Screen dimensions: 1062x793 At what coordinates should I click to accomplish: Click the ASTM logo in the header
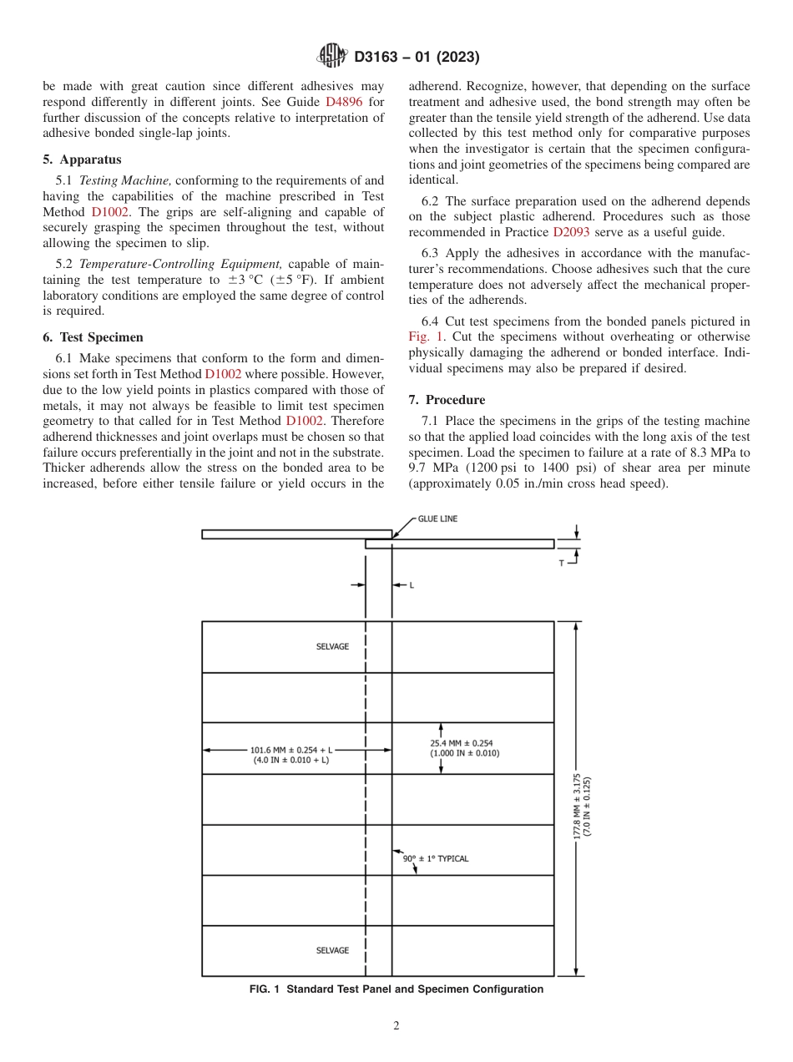click(x=333, y=56)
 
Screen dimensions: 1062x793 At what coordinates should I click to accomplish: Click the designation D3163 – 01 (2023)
click(x=417, y=57)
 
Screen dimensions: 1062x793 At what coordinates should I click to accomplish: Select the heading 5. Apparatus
click(x=82, y=159)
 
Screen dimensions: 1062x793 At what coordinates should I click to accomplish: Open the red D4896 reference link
click(x=343, y=101)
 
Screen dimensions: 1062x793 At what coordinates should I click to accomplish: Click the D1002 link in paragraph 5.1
click(x=109, y=212)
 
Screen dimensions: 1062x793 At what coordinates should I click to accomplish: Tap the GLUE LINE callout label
click(x=437, y=519)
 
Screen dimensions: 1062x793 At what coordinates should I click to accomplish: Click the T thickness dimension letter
click(x=562, y=564)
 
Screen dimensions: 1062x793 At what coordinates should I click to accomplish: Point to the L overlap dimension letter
click(x=411, y=585)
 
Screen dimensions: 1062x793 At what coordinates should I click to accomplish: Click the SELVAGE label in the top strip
click(x=332, y=647)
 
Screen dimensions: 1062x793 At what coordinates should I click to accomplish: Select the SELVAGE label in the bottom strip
click(x=332, y=950)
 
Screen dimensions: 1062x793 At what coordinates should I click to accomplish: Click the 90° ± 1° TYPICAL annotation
click(x=435, y=858)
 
